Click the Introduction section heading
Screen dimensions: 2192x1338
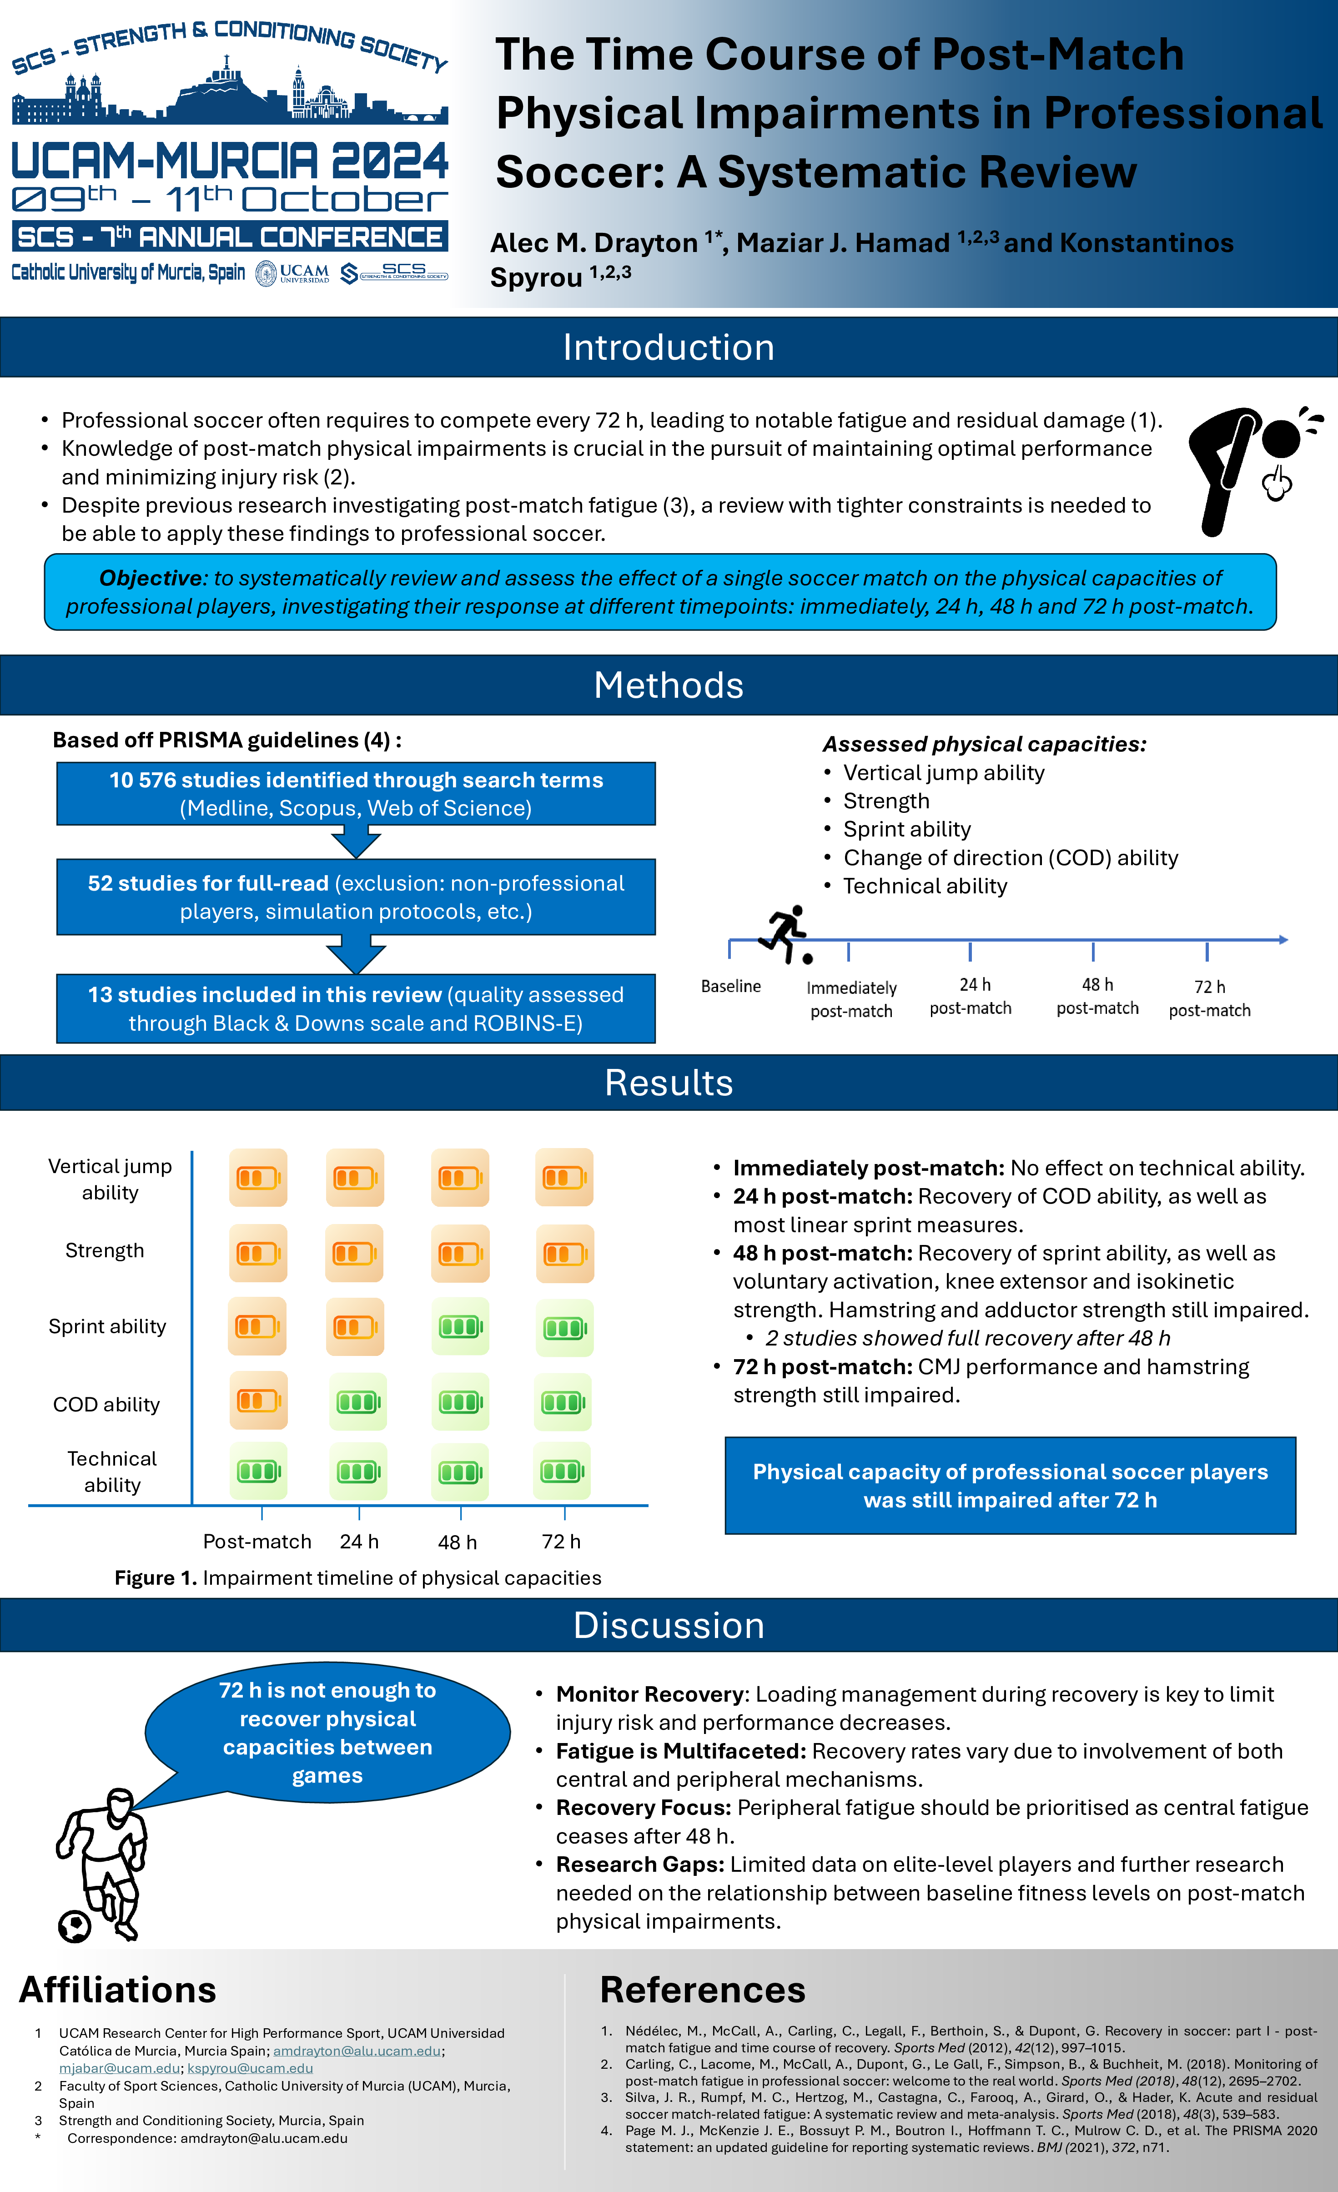pos(668,347)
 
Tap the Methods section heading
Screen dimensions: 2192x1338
pos(668,685)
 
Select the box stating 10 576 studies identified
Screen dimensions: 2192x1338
pos(356,794)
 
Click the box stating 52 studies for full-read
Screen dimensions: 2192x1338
pos(356,897)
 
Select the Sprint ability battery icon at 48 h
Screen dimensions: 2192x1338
pos(460,1326)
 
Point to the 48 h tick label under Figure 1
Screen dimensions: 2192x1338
pos(457,1542)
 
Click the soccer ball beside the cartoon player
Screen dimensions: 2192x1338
pos(75,1927)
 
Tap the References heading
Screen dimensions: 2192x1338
pos(702,1990)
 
